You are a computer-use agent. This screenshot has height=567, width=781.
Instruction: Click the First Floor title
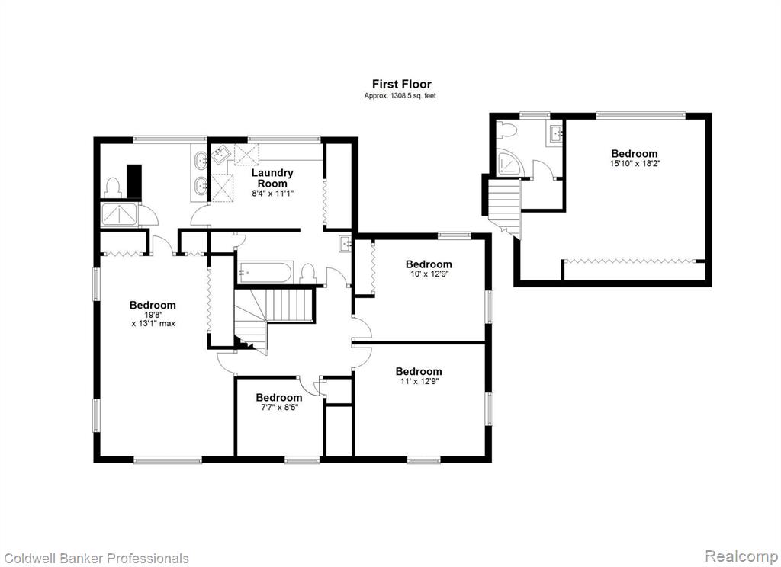[401, 84]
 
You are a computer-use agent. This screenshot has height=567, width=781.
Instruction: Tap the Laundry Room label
[272, 178]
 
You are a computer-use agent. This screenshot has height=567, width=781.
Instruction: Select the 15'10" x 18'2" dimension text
[635, 163]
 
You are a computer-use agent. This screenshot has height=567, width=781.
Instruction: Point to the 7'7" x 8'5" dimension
[279, 407]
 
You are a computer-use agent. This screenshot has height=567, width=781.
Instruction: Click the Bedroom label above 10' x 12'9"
[429, 264]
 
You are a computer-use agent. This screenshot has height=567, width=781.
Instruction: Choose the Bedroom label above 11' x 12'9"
[419, 371]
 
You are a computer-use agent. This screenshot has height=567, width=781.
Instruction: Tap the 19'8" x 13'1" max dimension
[153, 319]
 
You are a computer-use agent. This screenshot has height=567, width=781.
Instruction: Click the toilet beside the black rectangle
[113, 187]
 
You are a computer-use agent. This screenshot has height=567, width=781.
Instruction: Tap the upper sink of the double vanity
[201, 159]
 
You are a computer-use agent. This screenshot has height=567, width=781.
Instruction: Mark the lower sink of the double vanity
[201, 186]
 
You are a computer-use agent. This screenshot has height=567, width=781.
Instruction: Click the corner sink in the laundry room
[219, 154]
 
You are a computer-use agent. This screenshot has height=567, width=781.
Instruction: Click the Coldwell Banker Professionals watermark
[96, 558]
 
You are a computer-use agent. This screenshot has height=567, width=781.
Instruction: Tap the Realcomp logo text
[741, 556]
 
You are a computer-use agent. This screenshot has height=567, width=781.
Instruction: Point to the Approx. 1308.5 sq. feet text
[400, 95]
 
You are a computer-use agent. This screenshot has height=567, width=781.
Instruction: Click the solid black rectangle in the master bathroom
[134, 181]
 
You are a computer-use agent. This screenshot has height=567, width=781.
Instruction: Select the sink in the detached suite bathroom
[556, 133]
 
